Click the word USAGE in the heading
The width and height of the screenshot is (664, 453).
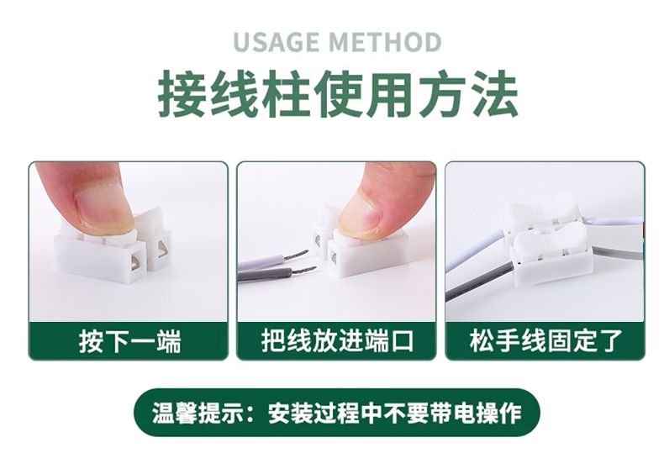(276, 42)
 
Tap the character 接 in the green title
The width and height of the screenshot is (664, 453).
(182, 94)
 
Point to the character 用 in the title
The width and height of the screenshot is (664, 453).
(389, 94)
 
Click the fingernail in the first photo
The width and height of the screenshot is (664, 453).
(101, 208)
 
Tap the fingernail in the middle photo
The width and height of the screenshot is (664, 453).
(361, 212)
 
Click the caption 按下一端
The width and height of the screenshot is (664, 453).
(129, 341)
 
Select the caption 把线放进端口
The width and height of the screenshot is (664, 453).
(337, 341)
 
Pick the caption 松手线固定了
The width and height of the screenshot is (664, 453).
(545, 341)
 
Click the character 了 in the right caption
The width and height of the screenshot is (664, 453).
(610, 341)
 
